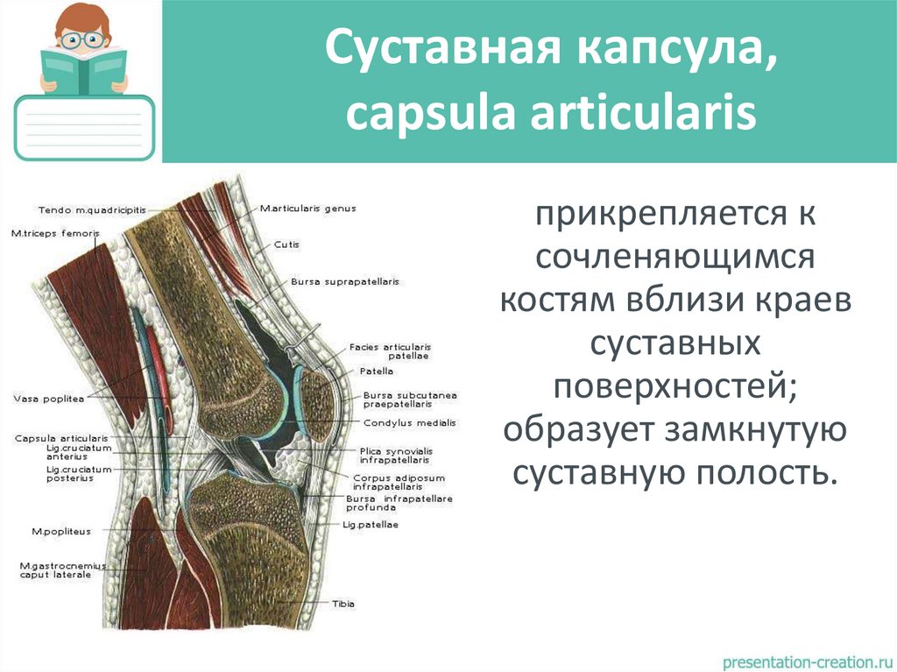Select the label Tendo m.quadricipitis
[x=92, y=209]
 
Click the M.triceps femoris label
[x=55, y=233]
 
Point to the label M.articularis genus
[x=307, y=209]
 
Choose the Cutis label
[x=286, y=244]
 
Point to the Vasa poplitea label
[x=47, y=399]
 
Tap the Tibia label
[x=343, y=604]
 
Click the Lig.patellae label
[x=371, y=524]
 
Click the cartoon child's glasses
[x=84, y=39]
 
